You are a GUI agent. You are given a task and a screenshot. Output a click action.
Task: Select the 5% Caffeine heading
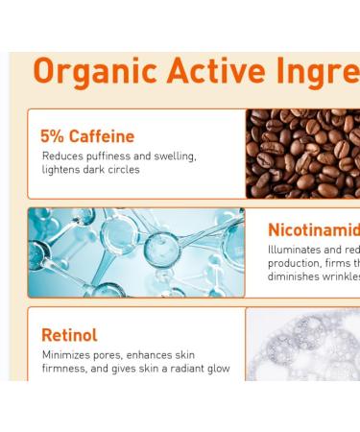click(86, 136)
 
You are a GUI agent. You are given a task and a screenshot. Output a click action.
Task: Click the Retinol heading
click(69, 335)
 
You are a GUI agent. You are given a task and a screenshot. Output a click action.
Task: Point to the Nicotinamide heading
click(313, 230)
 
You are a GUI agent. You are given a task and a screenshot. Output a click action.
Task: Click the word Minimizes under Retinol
click(67, 354)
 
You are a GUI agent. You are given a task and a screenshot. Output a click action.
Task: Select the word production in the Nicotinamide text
click(298, 263)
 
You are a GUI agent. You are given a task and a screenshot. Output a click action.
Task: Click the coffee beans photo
click(302, 154)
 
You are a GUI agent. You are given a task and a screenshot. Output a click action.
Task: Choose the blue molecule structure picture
click(136, 252)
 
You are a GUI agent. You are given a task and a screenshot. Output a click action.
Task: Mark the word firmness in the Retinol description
click(65, 369)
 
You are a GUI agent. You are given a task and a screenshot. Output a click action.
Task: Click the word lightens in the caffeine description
click(61, 170)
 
